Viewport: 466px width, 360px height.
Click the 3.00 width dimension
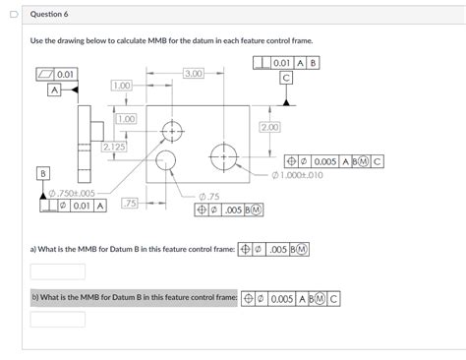pos(194,74)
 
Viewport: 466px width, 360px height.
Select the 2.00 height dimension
pos(269,128)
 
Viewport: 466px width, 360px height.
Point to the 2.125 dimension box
pos(114,147)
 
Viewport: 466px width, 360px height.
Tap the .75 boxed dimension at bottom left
pos(130,203)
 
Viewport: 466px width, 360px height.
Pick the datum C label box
pos(286,77)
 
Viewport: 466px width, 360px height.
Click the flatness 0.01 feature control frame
pos(57,74)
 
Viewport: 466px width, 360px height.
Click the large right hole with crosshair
pos(223,157)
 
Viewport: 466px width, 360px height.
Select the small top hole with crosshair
pos(173,130)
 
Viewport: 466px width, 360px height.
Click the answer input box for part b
pos(57,319)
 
